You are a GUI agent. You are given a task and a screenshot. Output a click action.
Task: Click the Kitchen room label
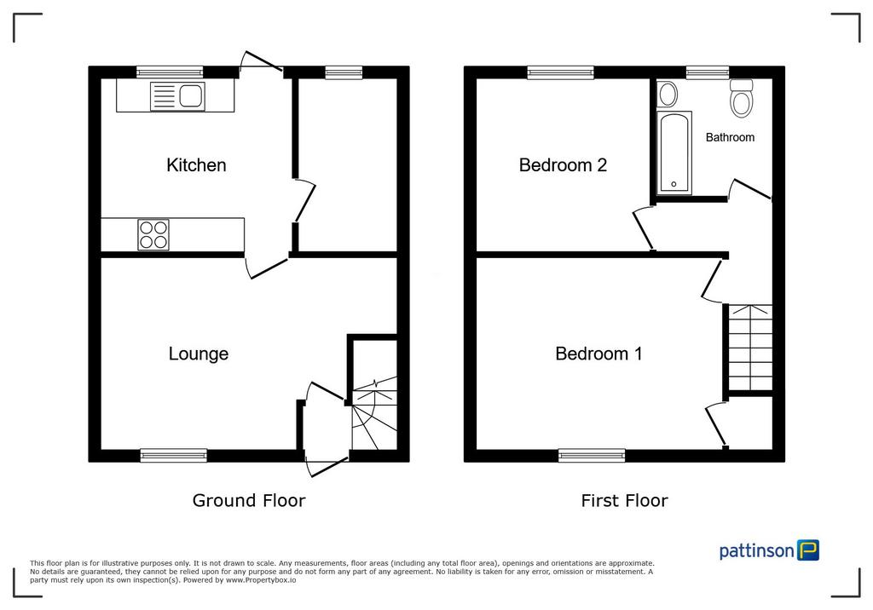196,164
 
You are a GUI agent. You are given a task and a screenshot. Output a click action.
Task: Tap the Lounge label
198,354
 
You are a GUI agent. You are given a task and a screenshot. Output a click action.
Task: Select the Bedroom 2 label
563,164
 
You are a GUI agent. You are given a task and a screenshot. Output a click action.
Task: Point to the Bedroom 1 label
598,354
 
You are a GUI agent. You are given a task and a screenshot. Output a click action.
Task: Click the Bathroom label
730,137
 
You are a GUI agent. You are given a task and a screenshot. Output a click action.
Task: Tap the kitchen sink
177,95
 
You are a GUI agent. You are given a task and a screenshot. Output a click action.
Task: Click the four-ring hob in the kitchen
153,234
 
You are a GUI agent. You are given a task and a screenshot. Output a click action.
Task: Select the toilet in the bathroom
742,98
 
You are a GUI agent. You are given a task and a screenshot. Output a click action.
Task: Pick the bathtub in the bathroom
674,153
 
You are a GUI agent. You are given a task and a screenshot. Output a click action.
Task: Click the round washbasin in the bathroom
667,94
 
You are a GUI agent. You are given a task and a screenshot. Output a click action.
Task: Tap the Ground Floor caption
249,500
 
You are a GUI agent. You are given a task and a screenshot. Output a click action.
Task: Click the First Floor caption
624,500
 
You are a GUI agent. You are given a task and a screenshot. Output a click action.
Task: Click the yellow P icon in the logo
808,550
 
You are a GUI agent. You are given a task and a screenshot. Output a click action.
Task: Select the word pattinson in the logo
757,551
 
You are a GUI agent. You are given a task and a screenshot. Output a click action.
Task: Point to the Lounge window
173,455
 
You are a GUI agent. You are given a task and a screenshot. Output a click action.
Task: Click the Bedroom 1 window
592,455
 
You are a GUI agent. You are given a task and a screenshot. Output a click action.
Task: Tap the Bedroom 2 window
561,72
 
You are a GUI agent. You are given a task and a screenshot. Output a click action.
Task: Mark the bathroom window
707,72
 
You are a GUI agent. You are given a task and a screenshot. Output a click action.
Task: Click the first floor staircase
750,348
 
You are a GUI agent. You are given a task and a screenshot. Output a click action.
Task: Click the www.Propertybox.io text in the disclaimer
261,580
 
